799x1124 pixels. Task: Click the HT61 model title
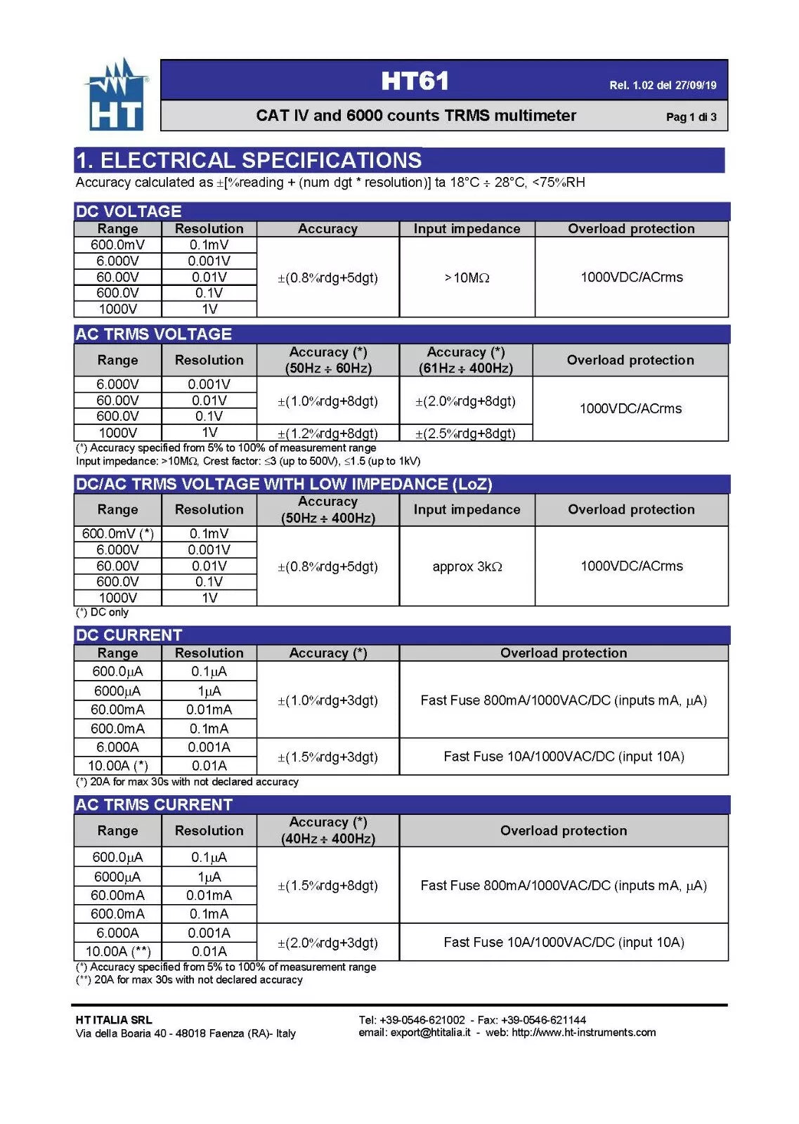[415, 81]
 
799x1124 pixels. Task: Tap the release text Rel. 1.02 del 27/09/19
[662, 86]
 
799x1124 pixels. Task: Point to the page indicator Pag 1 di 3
[691, 117]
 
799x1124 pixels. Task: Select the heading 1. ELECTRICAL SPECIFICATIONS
[248, 161]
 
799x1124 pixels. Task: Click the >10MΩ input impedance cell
[467, 277]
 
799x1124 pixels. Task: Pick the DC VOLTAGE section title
[129, 211]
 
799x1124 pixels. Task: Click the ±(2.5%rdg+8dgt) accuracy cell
[465, 433]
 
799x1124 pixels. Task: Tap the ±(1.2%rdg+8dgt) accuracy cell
[327, 433]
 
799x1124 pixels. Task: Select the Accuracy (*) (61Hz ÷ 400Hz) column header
[465, 360]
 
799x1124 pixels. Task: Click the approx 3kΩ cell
[467, 566]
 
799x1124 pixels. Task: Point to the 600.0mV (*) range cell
[117, 533]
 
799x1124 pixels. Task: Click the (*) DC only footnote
[103, 613]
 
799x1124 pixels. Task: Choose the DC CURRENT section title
[129, 635]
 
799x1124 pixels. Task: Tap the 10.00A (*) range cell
[117, 766]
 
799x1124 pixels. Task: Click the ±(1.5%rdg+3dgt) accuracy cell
[327, 757]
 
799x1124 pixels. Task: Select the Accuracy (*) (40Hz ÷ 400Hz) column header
[327, 830]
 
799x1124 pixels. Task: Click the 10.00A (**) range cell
[117, 951]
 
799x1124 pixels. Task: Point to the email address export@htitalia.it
[430, 1033]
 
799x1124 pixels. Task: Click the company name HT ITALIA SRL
[114, 1020]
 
